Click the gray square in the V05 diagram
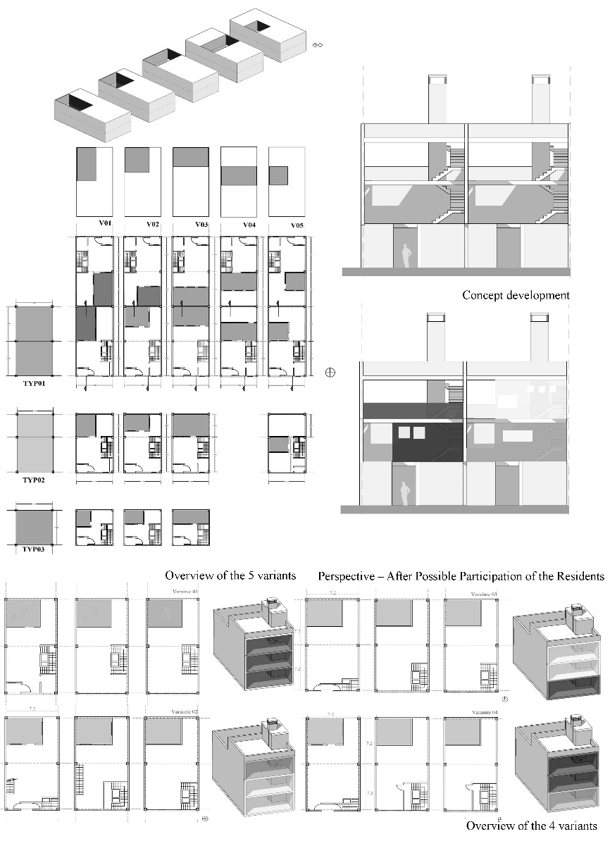(x=278, y=175)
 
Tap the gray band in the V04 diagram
(x=238, y=176)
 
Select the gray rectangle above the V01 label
(x=85, y=163)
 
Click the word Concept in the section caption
(x=483, y=295)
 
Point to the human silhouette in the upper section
(x=405, y=256)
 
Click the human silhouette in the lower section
(x=405, y=494)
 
